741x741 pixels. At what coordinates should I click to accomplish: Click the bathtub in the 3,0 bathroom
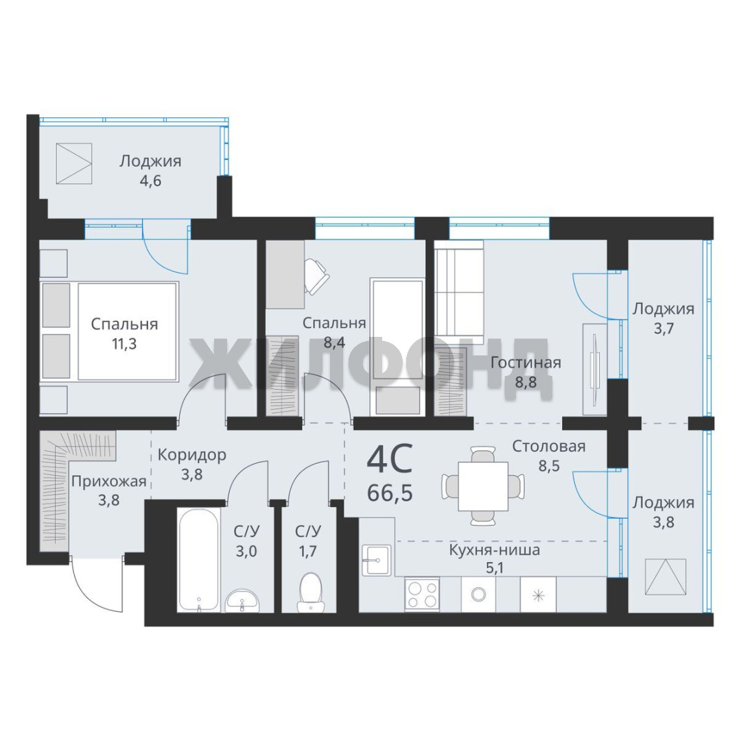(199, 561)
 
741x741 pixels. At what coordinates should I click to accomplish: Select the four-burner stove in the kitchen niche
(422, 594)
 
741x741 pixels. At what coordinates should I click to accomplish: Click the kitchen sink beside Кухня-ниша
(377, 561)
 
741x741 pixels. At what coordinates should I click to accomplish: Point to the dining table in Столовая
(483, 486)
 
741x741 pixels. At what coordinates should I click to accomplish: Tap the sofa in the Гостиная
(459, 292)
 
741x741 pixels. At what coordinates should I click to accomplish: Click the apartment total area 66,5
(390, 493)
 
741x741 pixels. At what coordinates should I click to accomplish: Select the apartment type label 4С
(390, 458)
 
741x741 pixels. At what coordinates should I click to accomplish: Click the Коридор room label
(192, 455)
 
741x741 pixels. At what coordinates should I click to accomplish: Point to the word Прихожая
(108, 482)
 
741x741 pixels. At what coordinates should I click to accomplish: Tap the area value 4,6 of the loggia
(150, 181)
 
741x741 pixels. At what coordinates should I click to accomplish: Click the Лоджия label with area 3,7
(663, 309)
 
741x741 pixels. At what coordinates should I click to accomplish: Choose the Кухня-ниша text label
(494, 550)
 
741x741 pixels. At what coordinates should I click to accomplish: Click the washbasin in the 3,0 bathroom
(242, 600)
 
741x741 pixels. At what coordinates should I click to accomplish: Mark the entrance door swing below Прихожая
(97, 584)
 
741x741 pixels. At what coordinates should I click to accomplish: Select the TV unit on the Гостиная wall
(594, 370)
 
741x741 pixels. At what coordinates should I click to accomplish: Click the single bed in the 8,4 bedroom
(397, 347)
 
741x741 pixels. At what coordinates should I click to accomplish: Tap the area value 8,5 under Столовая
(549, 466)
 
